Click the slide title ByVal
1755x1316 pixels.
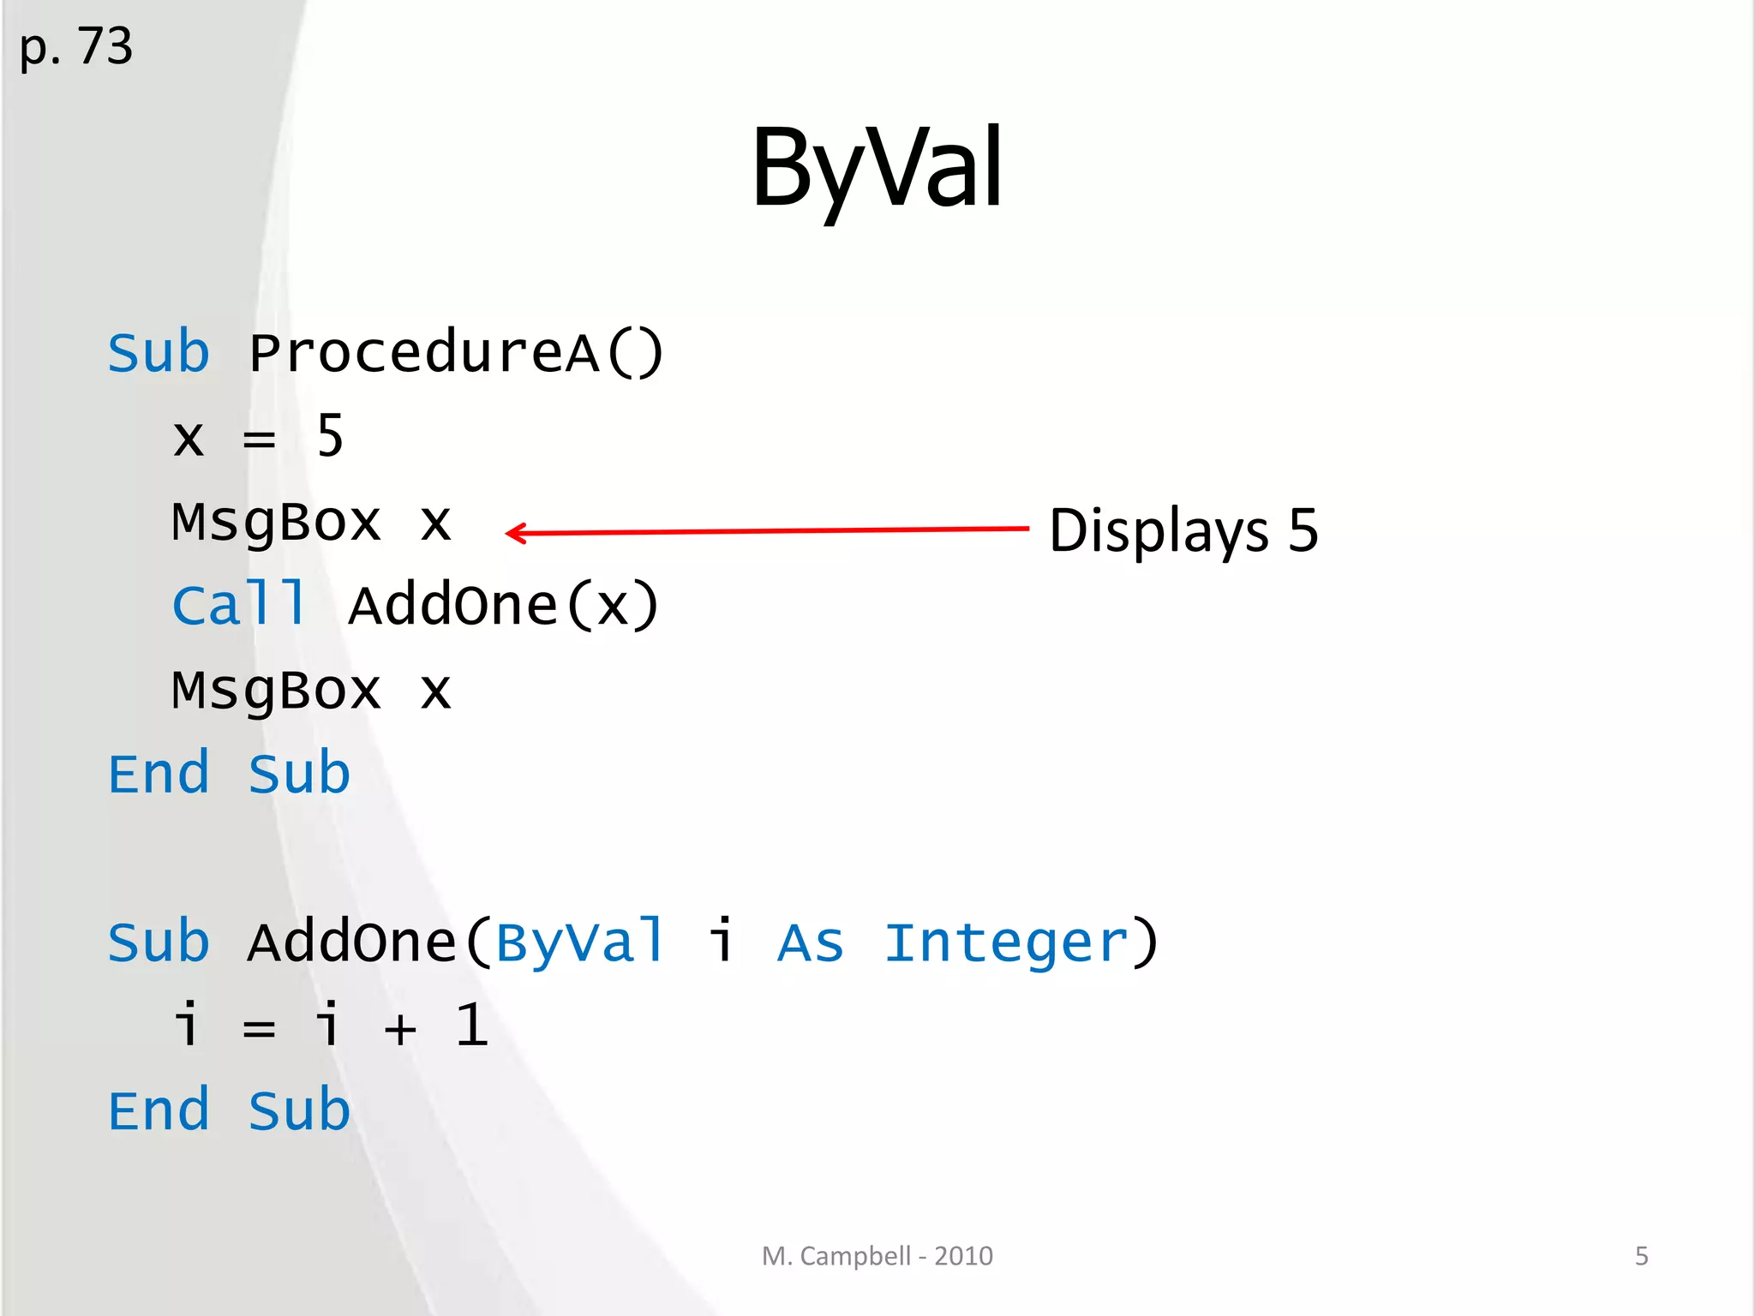click(x=877, y=168)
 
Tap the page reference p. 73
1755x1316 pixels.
click(x=75, y=47)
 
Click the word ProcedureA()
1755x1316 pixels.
click(x=456, y=353)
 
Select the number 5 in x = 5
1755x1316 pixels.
click(x=330, y=436)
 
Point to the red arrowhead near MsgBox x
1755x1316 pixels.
click(x=514, y=533)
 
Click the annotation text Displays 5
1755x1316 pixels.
click(x=1183, y=530)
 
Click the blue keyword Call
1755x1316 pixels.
click(x=239, y=605)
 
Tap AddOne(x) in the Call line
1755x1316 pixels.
click(x=504, y=605)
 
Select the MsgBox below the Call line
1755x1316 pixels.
click(x=276, y=691)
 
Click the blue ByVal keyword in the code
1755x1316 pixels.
click(x=580, y=942)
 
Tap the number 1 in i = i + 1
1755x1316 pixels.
click(x=471, y=1026)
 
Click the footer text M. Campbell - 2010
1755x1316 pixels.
click(x=877, y=1256)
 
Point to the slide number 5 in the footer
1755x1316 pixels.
click(x=1641, y=1256)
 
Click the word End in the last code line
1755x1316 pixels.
click(x=159, y=1111)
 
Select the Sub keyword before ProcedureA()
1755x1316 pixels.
click(x=159, y=353)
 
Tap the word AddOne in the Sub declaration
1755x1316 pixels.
click(x=352, y=942)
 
